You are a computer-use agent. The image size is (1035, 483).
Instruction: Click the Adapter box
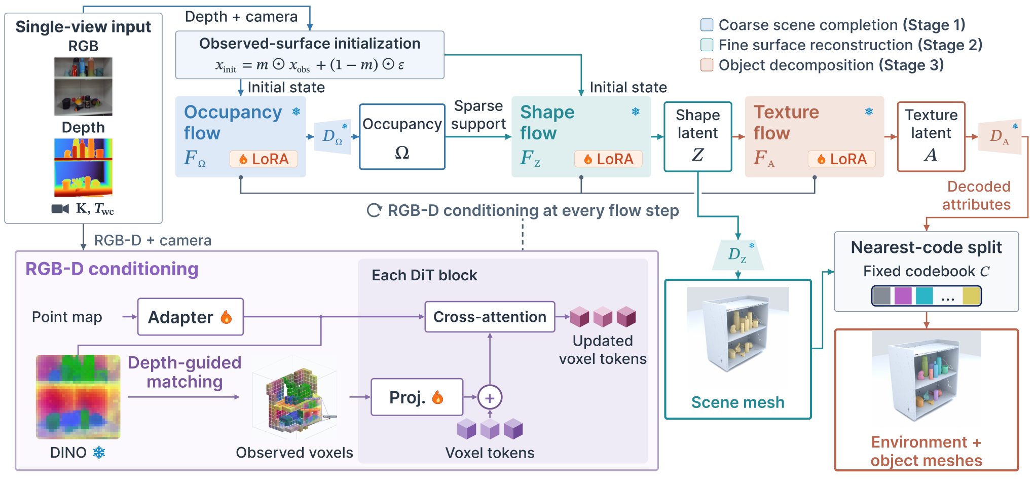pyautogui.click(x=191, y=317)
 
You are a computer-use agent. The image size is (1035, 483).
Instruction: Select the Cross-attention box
pyautogui.click(x=490, y=317)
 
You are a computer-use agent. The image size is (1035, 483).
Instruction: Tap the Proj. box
pyautogui.click(x=417, y=397)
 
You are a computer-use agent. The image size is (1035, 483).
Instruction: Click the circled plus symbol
pyautogui.click(x=490, y=398)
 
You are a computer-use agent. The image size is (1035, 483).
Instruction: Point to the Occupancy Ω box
pyautogui.click(x=402, y=137)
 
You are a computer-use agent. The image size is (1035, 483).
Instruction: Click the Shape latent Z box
pyautogui.click(x=698, y=137)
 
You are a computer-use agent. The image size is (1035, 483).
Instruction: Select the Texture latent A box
pyautogui.click(x=931, y=137)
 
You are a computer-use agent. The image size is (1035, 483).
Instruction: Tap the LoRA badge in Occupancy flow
pyautogui.click(x=264, y=159)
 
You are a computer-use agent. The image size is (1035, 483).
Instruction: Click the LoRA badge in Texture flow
pyautogui.click(x=841, y=159)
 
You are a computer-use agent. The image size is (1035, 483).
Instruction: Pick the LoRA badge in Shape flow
pyautogui.click(x=608, y=159)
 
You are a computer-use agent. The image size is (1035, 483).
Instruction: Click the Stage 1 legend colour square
pyautogui.click(x=707, y=25)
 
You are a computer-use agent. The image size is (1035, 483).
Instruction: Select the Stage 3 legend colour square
pyautogui.click(x=707, y=65)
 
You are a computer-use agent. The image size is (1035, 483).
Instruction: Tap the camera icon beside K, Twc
pyautogui.click(x=60, y=209)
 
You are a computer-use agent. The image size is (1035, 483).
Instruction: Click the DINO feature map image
pyautogui.click(x=78, y=397)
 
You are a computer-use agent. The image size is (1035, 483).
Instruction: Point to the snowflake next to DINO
pyautogui.click(x=99, y=453)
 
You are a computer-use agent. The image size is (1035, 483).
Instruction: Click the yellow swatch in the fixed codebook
pyautogui.click(x=971, y=296)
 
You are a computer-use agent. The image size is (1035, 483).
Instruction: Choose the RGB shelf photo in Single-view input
pyautogui.click(x=83, y=87)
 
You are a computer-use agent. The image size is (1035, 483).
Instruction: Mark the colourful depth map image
pyautogui.click(x=83, y=168)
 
